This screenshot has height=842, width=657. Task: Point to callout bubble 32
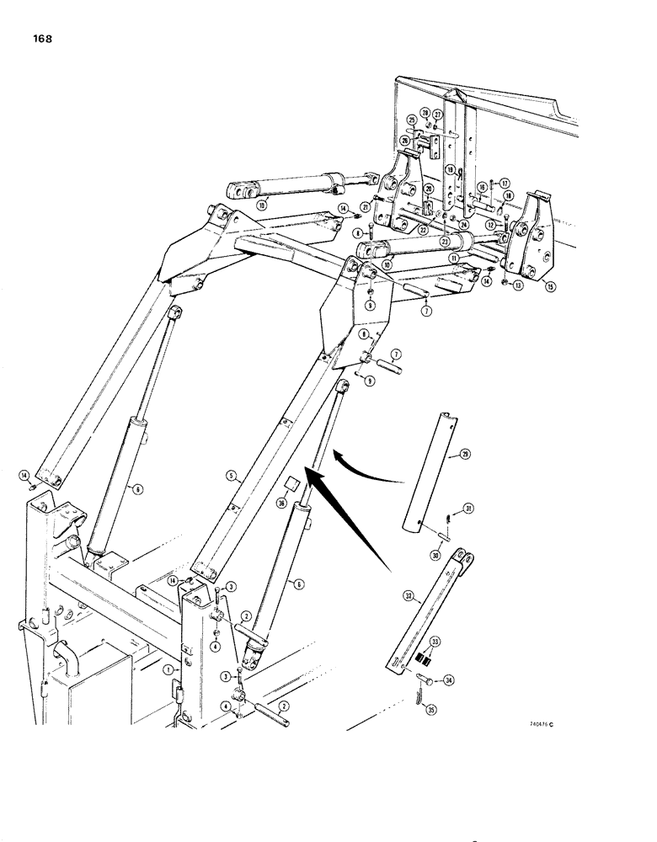pyautogui.click(x=409, y=596)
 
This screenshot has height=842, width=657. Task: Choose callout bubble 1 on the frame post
pyautogui.click(x=168, y=669)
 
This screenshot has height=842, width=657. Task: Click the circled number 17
pyautogui.click(x=505, y=183)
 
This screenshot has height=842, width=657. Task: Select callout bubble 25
pyautogui.click(x=412, y=120)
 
